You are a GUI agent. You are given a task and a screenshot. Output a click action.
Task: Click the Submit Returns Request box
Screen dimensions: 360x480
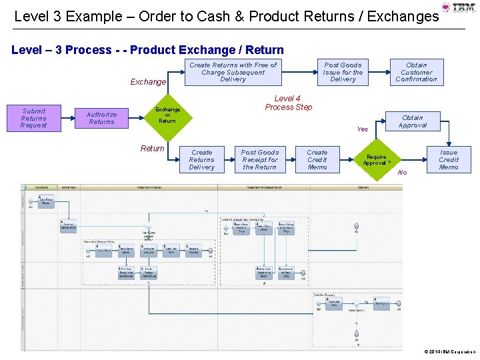point(33,118)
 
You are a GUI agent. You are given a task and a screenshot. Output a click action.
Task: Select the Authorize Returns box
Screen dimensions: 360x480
point(101,118)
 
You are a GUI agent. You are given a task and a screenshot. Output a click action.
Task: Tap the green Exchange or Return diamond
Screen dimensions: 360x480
point(167,115)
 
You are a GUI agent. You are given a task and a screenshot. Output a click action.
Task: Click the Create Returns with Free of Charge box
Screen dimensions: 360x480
point(233,72)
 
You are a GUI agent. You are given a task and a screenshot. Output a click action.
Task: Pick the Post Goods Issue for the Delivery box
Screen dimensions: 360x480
point(343,72)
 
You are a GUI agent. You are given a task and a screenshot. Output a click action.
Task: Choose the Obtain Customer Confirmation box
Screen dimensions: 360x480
point(416,72)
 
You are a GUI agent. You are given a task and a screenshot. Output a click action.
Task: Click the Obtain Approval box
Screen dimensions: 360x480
point(412,121)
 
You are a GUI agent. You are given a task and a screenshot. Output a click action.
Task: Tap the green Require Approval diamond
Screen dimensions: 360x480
point(377,160)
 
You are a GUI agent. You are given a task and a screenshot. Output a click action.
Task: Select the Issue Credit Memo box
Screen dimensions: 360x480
point(448,159)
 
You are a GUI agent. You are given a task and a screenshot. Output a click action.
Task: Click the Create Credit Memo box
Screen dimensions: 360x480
point(317,159)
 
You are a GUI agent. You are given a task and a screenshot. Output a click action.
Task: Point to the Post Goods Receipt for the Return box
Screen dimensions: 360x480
point(259,159)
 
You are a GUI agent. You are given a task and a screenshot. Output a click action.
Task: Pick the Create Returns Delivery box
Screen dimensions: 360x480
point(201,159)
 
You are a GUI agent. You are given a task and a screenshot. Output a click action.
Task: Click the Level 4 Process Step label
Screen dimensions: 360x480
point(288,103)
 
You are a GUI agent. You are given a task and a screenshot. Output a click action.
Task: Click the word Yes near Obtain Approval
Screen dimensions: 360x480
point(363,129)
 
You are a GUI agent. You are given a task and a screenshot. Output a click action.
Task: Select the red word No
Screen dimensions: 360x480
point(402,173)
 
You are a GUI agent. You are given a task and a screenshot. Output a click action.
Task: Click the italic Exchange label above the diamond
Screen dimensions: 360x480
point(148,82)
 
